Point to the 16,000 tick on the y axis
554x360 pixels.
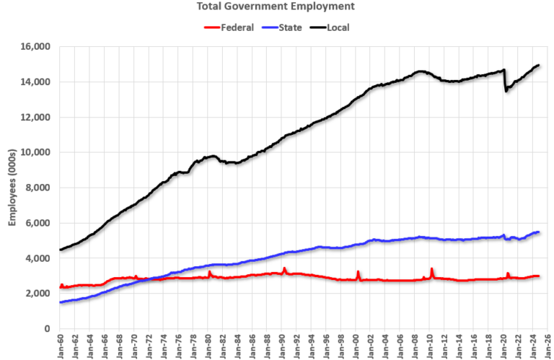(33, 47)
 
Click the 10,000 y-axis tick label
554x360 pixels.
(33, 152)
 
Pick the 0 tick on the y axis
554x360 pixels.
(46, 329)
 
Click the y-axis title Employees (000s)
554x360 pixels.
(12, 188)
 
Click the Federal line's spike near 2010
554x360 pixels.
(431, 269)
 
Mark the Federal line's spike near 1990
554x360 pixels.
(284, 268)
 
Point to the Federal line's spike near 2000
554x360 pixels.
(358, 272)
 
